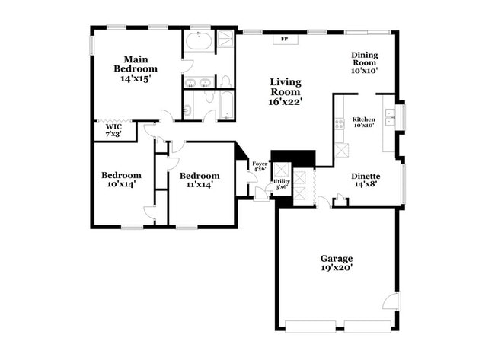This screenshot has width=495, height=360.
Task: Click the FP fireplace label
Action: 285,38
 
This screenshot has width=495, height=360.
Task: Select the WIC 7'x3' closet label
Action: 113,130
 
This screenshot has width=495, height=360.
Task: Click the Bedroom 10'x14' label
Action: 121,179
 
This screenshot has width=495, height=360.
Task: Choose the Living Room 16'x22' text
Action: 286,91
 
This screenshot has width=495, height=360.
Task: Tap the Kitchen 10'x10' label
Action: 363,123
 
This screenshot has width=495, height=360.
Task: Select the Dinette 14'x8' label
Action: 366,180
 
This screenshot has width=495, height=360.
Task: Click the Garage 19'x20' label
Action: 336,263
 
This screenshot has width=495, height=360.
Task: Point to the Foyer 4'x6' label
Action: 260,165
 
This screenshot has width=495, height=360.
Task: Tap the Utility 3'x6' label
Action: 281,183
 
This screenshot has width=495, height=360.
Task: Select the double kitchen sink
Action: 389,116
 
